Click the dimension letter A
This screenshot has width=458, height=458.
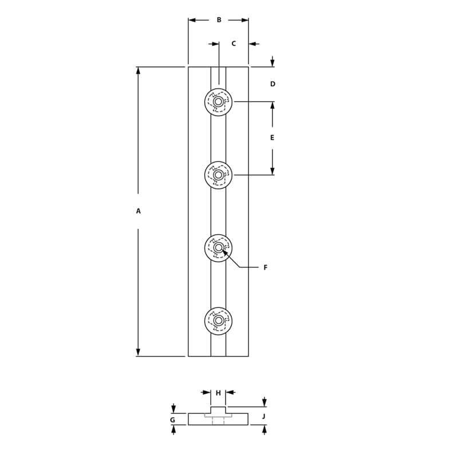coord(138,211)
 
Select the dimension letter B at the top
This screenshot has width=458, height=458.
coord(219,20)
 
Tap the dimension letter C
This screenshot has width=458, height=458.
coord(234,44)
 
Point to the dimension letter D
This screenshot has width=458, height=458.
coord(273,84)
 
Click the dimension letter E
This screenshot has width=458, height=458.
coord(272,138)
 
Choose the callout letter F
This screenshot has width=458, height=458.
coord(265,267)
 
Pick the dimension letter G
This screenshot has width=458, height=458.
coord(172,420)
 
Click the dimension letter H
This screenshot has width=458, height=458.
coord(218,393)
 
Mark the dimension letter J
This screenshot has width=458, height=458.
coord(264,416)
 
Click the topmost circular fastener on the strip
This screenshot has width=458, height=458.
coord(218,102)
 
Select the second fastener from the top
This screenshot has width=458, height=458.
coord(218,175)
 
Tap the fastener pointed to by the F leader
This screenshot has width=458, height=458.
coord(218,248)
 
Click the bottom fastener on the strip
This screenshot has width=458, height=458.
coord(218,321)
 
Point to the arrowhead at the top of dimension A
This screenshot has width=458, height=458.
coord(138,70)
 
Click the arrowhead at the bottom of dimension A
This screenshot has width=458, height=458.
coord(138,352)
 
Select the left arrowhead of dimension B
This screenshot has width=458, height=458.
coord(192,20)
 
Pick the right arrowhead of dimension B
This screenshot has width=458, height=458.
coord(245,20)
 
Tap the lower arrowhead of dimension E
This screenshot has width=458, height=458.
coord(272,171)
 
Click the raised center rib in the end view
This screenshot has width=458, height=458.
coord(218,410)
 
